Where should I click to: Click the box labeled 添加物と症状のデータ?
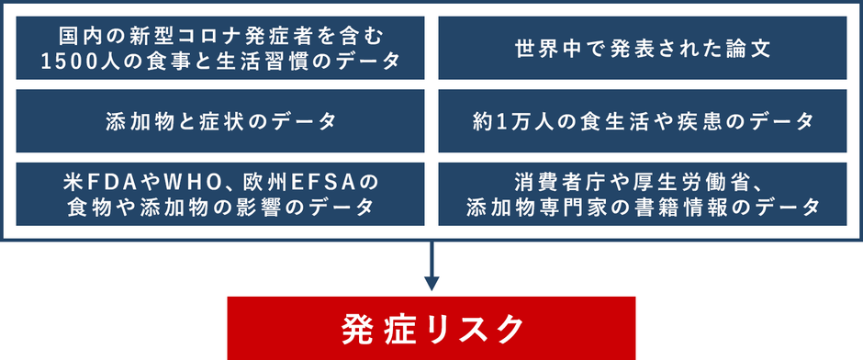[x=220, y=121]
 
